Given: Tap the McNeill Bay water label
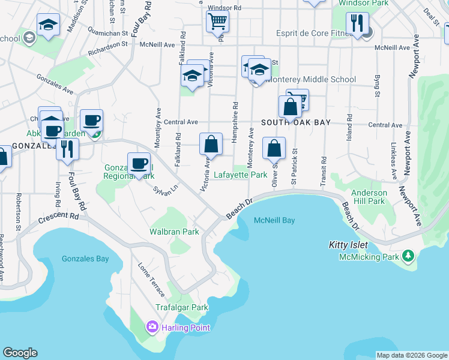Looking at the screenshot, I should coord(274,220).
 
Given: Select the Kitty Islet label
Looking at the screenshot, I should coord(348,245).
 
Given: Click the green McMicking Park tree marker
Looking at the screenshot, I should coord(408,257).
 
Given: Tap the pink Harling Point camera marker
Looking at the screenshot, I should coord(152,327).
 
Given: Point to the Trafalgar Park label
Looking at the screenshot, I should coord(182,307).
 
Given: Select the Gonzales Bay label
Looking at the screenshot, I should coord(85,259).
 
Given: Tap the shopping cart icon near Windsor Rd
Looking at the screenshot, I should coord(217,22).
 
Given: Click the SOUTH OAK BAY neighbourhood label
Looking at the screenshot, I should coord(296,122).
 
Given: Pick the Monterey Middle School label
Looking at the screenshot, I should coord(312,79).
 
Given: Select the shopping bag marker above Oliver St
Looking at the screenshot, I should coord(274,148).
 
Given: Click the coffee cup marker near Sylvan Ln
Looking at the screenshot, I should coord(139,164).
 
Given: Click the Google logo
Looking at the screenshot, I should coord(20,353).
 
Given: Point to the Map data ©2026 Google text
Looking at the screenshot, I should coord(412,355).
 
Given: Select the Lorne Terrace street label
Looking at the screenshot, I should coord(151,280).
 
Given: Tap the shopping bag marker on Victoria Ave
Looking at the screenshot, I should coord(211,144).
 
